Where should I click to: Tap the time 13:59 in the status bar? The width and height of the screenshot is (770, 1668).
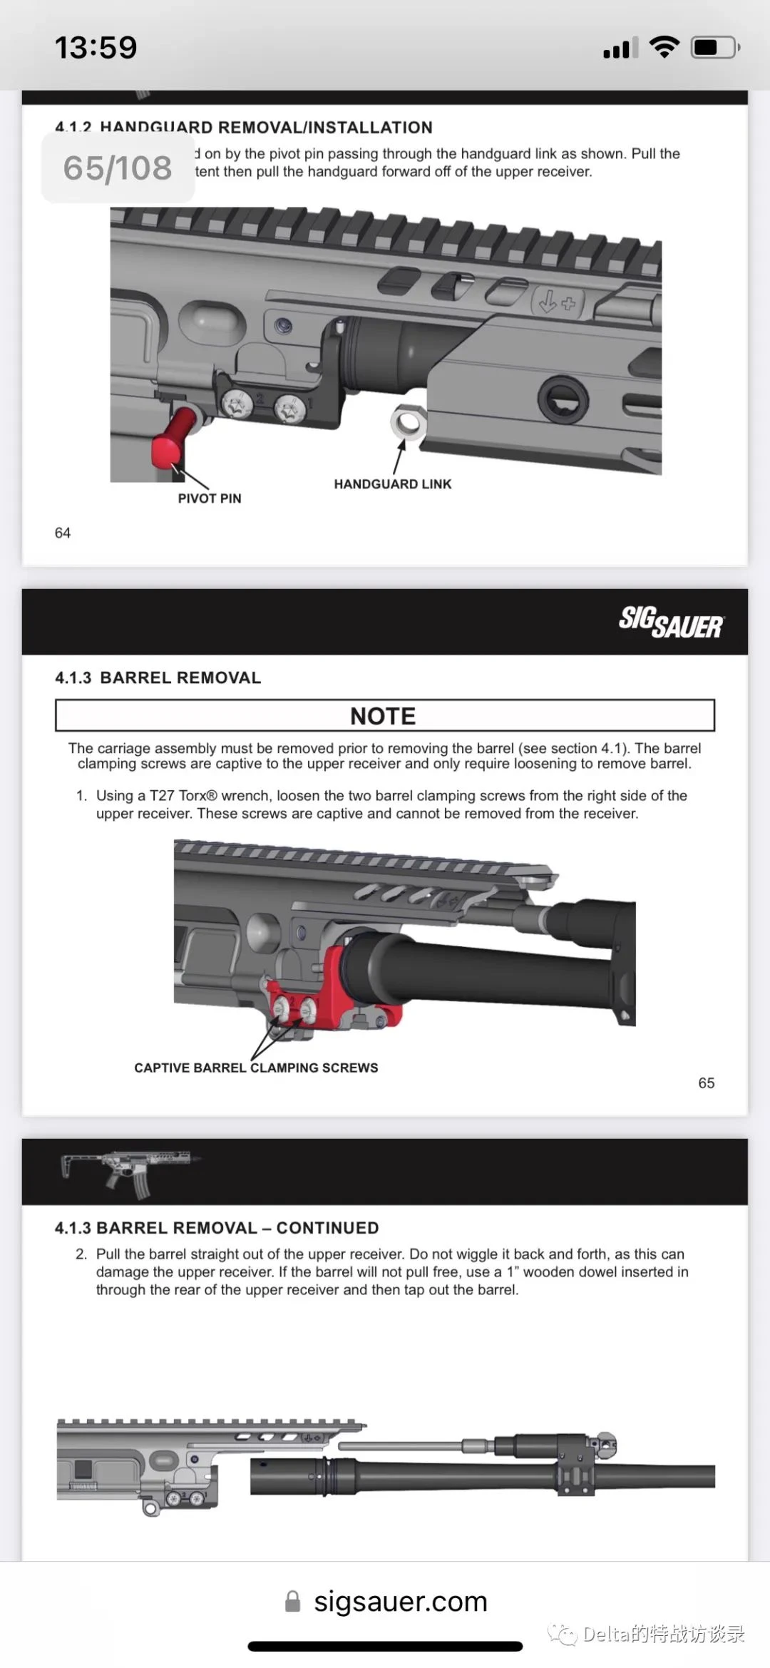(x=96, y=48)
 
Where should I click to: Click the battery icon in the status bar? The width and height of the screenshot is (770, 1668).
(x=715, y=48)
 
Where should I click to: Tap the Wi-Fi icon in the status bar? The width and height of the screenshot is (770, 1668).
(x=664, y=47)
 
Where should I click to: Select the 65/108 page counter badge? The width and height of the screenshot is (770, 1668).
(x=118, y=168)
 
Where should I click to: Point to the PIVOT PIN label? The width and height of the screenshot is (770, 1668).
(x=210, y=498)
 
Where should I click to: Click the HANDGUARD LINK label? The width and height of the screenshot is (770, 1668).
(x=392, y=484)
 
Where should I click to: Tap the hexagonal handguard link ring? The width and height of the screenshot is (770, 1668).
(x=409, y=422)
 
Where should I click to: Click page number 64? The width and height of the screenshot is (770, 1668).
(x=63, y=533)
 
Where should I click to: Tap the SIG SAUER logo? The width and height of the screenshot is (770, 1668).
(x=671, y=622)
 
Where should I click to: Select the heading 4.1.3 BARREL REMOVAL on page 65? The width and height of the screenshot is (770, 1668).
(x=158, y=677)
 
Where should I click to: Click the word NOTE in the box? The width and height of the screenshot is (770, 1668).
(x=383, y=716)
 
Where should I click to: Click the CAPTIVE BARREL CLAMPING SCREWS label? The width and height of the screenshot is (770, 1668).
(x=256, y=1068)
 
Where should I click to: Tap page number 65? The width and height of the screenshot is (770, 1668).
(x=706, y=1083)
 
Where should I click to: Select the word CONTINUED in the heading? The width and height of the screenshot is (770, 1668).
(x=327, y=1228)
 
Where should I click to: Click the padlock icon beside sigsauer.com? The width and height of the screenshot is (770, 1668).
(x=292, y=1601)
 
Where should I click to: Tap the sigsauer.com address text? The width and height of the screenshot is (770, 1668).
(x=401, y=1601)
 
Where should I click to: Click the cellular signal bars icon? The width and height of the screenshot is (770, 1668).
(x=620, y=48)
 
